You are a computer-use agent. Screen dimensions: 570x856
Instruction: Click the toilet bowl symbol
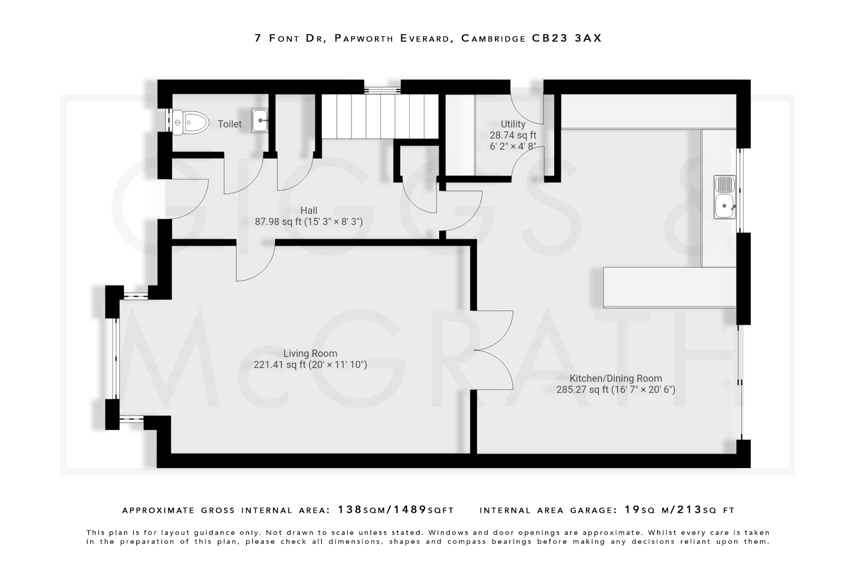191,122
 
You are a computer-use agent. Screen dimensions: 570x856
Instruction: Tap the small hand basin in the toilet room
260,121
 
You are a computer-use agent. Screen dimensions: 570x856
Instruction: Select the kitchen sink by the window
725,197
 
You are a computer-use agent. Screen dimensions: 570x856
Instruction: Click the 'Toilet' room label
229,124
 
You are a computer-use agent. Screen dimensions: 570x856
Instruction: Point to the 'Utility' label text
513,124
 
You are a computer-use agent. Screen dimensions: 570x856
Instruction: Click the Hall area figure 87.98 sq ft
278,222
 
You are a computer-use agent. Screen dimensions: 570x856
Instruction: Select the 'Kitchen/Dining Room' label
616,378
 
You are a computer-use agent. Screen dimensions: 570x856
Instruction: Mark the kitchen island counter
670,288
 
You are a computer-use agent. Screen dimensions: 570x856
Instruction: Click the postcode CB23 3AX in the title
566,38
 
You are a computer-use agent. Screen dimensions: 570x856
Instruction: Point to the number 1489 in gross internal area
410,510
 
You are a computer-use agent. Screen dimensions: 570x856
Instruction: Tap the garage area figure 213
689,510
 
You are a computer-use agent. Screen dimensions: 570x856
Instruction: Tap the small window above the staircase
382,90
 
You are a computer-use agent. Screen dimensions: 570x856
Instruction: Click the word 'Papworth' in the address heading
364,38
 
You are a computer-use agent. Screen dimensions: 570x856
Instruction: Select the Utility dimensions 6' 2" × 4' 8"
513,147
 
